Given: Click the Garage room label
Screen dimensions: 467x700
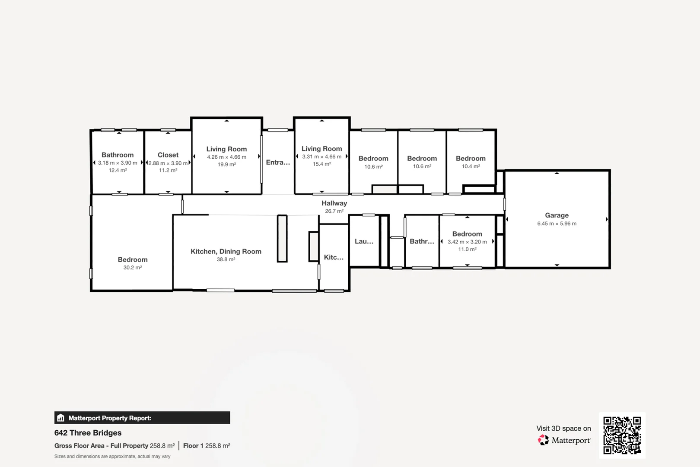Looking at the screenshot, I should click(557, 215).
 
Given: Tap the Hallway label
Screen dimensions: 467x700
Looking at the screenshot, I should click(334, 203).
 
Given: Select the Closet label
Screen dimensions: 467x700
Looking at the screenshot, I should click(168, 155).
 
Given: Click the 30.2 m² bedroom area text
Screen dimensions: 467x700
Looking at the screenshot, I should click(132, 268).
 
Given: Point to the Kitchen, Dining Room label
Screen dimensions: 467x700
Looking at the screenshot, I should click(226, 252).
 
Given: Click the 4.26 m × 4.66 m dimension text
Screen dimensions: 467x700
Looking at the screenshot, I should click(226, 157).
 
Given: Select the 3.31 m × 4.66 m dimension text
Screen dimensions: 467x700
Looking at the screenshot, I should click(321, 157).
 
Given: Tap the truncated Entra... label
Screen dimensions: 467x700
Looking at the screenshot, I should click(278, 163).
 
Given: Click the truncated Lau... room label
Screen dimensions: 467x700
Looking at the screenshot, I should click(364, 242).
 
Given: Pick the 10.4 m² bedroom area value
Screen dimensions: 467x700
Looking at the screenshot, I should click(471, 166).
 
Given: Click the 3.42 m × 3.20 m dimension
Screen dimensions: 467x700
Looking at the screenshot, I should click(467, 242).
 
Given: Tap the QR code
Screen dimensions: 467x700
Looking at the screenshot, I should click(622, 435).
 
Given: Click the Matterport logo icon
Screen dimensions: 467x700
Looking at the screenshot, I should click(543, 440).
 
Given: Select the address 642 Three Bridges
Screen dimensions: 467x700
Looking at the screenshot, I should click(88, 433).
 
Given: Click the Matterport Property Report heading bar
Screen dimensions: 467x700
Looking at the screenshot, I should click(142, 418).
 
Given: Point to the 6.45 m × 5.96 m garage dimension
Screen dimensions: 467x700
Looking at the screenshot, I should click(557, 224).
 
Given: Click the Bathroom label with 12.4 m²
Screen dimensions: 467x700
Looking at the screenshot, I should click(118, 155).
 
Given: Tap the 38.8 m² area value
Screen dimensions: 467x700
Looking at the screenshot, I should click(226, 259).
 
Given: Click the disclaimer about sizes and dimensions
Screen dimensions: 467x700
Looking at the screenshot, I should click(112, 457).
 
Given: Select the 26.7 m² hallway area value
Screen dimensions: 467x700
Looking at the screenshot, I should click(334, 211).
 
